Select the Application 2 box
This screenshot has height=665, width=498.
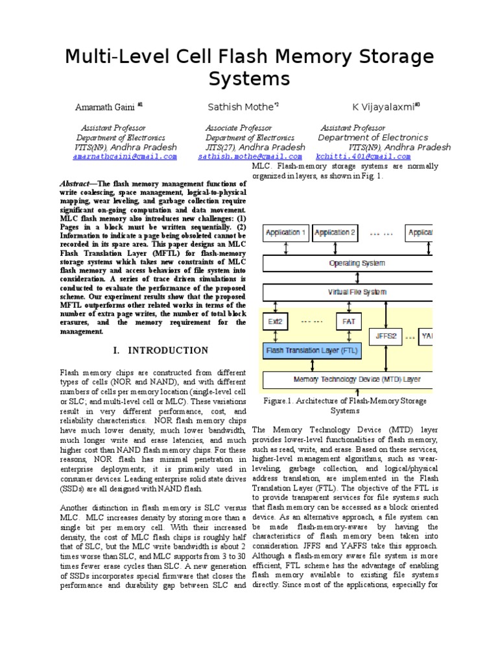(x=335, y=232)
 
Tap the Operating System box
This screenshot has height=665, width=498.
(x=348, y=263)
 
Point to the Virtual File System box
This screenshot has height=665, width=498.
(x=348, y=293)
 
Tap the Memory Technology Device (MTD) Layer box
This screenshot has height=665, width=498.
(x=348, y=379)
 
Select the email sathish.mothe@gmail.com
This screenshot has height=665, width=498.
(x=250, y=157)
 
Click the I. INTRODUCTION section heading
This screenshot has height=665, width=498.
(x=161, y=351)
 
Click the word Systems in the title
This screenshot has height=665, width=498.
(x=249, y=79)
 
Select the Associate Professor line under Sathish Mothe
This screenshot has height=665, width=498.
(x=239, y=128)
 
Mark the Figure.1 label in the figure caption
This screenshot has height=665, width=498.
(x=278, y=401)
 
